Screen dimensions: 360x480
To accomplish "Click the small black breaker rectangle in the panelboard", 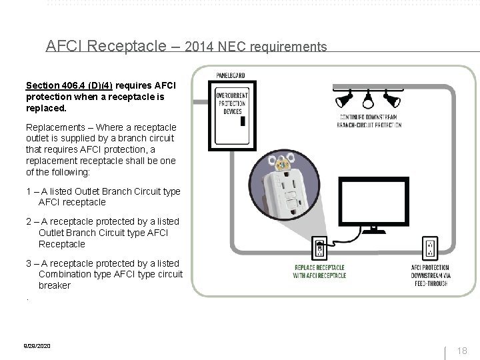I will pos(243,121).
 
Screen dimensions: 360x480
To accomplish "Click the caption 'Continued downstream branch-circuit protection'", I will pos(368,123).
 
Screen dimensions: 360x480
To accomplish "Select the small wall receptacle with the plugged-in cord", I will pos(319,249).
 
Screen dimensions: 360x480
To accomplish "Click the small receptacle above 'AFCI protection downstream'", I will pos(430,249).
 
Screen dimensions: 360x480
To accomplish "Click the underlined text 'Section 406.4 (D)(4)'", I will pos(69,86).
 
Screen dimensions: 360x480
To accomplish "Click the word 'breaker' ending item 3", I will pos(54,285).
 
